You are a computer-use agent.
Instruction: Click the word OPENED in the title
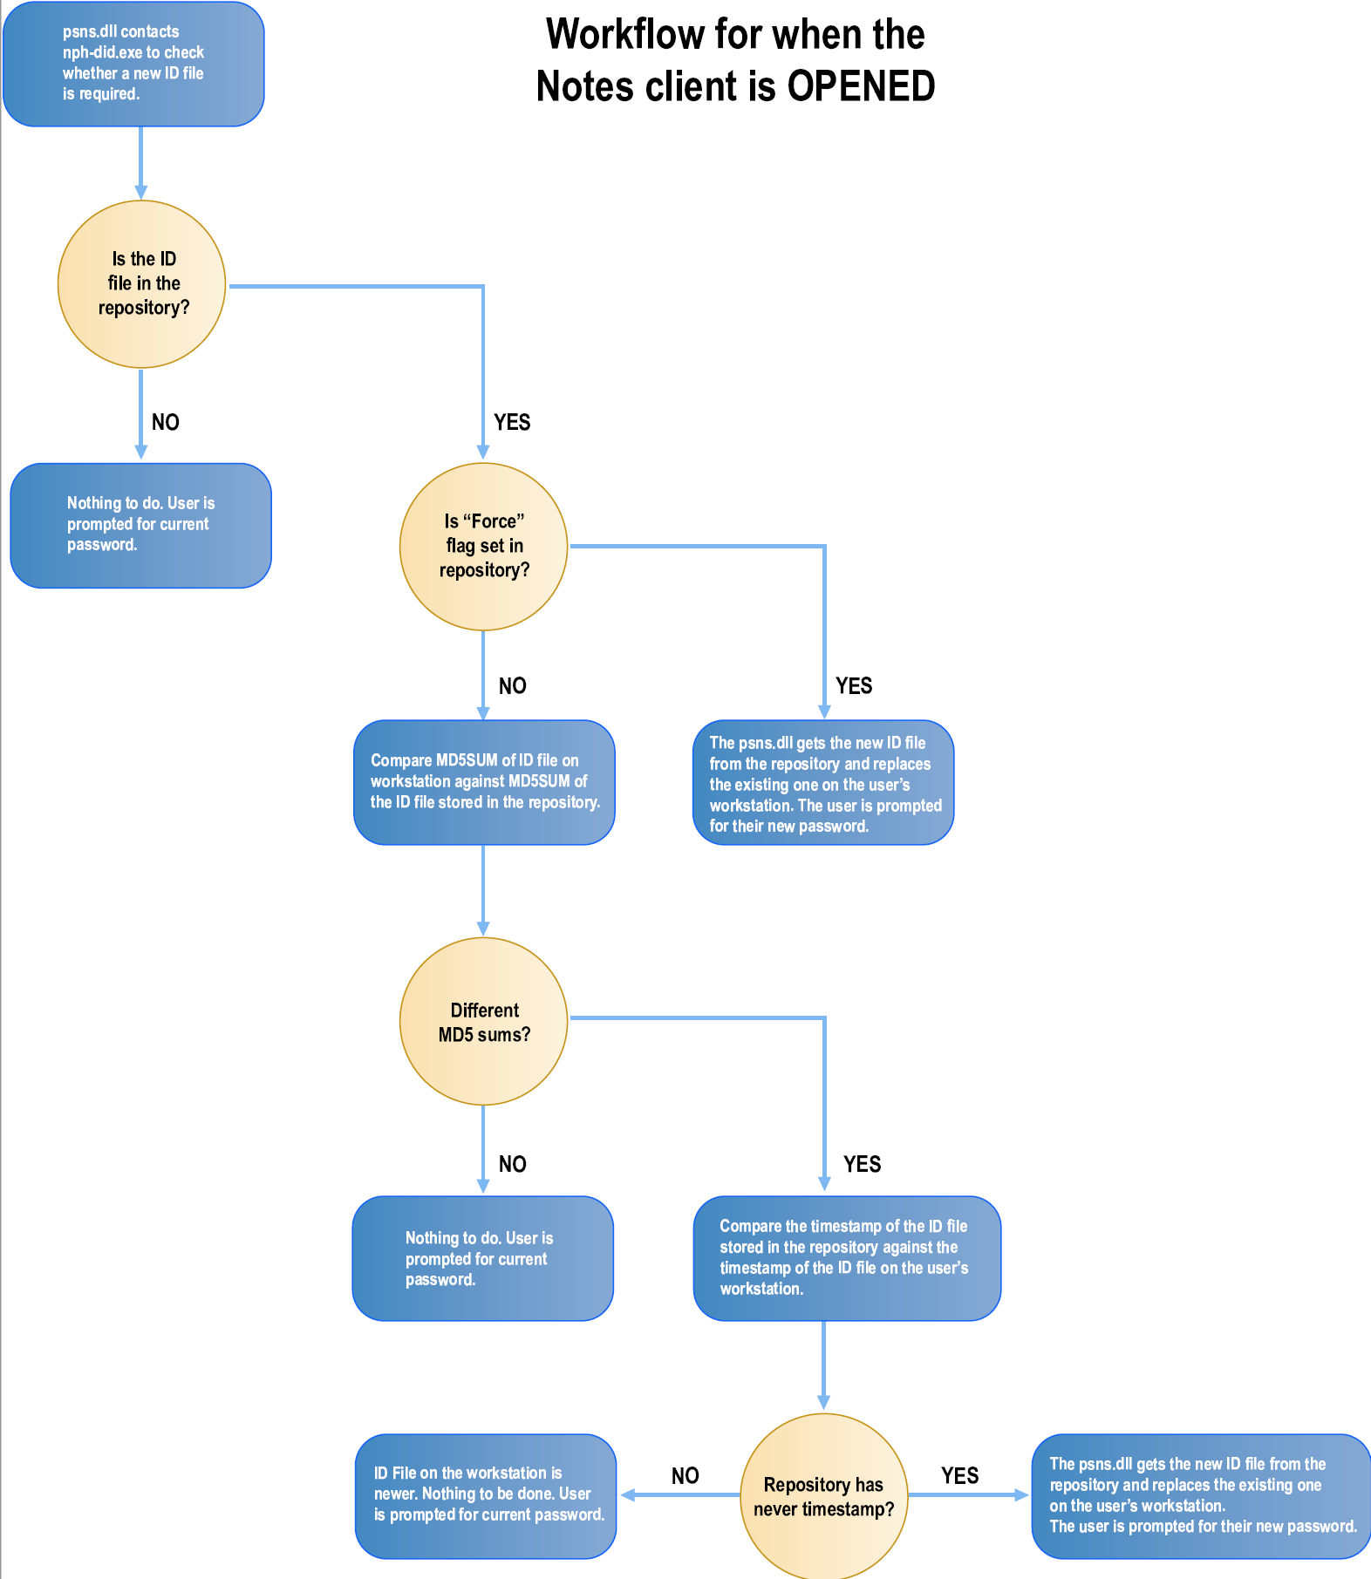click(861, 86)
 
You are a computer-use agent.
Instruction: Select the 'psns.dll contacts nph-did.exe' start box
click(133, 64)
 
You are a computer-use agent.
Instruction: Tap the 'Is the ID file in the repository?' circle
click(142, 284)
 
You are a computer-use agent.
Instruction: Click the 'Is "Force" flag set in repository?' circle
click(483, 547)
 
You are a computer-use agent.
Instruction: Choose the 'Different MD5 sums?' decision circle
click(483, 1022)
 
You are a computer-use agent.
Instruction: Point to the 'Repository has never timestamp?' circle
click(823, 1496)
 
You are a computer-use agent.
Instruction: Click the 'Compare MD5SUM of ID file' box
click(484, 782)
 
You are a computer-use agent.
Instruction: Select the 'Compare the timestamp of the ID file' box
click(846, 1258)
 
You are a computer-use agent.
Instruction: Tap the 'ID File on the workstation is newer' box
click(486, 1495)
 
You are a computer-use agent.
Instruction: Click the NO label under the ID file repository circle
click(165, 423)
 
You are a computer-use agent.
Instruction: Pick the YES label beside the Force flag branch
click(854, 686)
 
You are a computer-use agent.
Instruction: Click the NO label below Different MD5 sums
click(512, 1164)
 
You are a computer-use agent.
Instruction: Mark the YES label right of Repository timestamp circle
click(959, 1475)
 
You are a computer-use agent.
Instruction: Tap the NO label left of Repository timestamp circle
click(685, 1475)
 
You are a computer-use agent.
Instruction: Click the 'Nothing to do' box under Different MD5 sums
click(482, 1258)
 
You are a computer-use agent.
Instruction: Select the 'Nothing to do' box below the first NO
click(140, 525)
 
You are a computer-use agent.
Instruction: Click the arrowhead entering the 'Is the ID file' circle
click(141, 192)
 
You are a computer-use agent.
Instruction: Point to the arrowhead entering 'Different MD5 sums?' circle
click(483, 929)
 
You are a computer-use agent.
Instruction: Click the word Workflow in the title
click(624, 35)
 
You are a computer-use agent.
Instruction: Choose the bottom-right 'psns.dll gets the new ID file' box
click(1201, 1495)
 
